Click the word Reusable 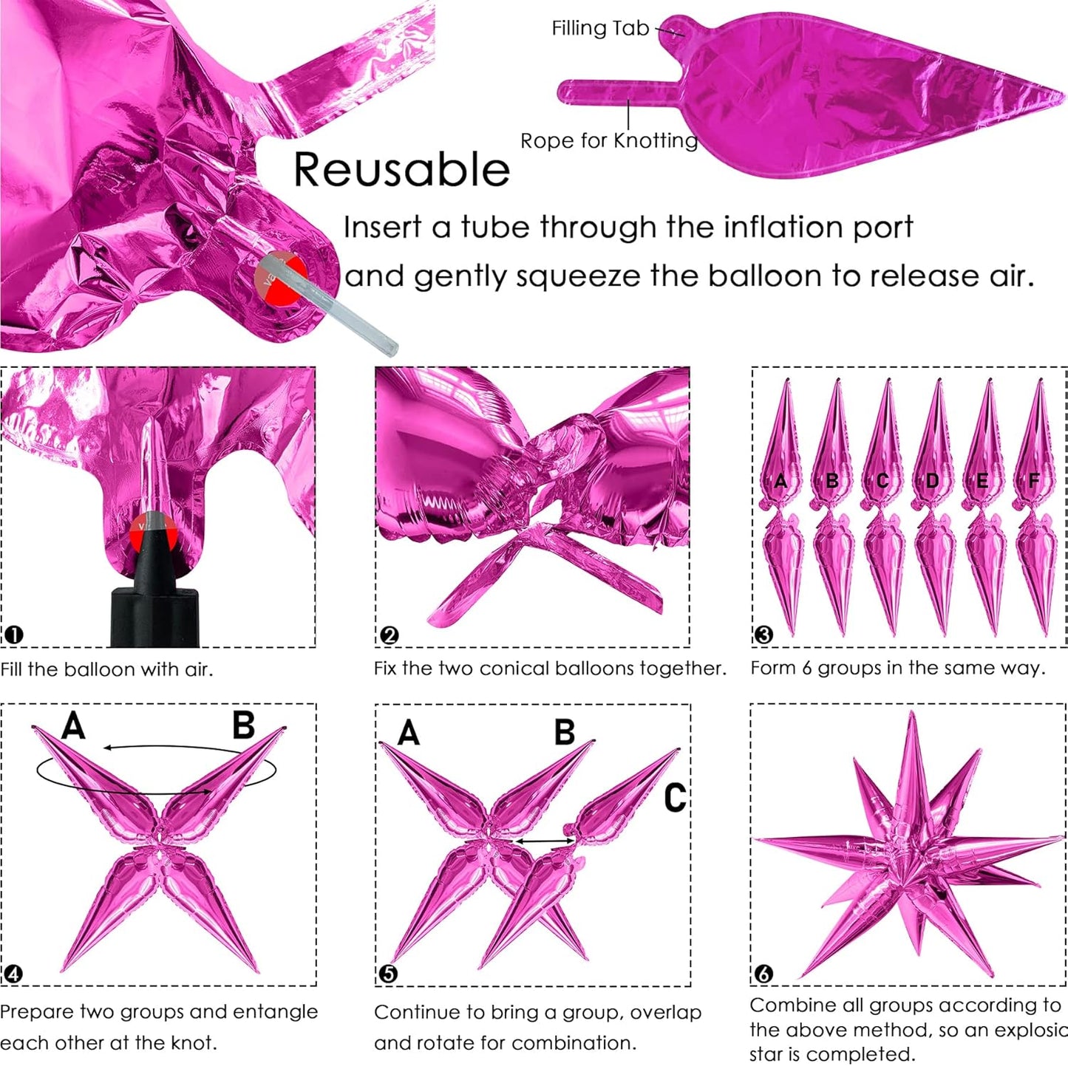coord(401,170)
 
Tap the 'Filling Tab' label coord(600,28)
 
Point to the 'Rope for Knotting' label coord(608,141)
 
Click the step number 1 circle coord(13,635)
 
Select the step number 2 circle coord(390,635)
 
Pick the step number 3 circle coord(763,635)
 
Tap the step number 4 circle coord(13,974)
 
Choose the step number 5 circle coord(389,974)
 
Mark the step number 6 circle coord(763,974)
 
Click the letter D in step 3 coord(932,480)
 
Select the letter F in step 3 coord(1033,480)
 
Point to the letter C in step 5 coord(675,798)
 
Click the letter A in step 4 coord(74,725)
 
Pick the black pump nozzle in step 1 coord(154,587)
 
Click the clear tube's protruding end coord(388,346)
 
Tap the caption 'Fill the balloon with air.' coord(106,669)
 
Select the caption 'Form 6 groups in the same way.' coord(898,668)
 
